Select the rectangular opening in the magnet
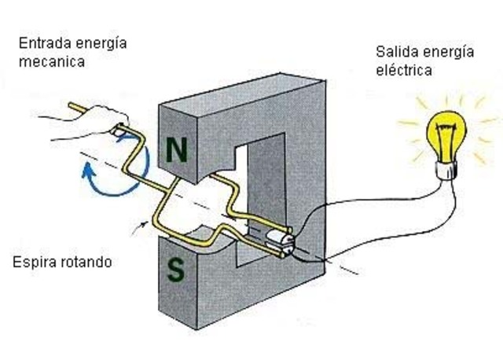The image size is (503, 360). pos(263,189)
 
